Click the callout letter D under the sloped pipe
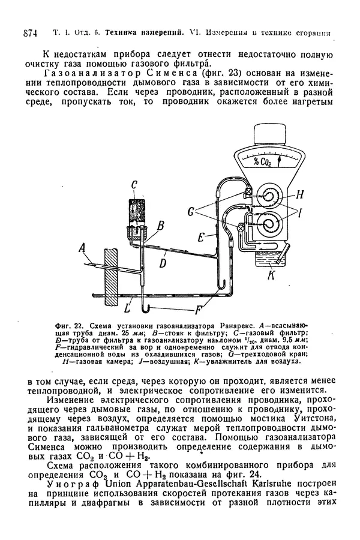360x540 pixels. point(163,262)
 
